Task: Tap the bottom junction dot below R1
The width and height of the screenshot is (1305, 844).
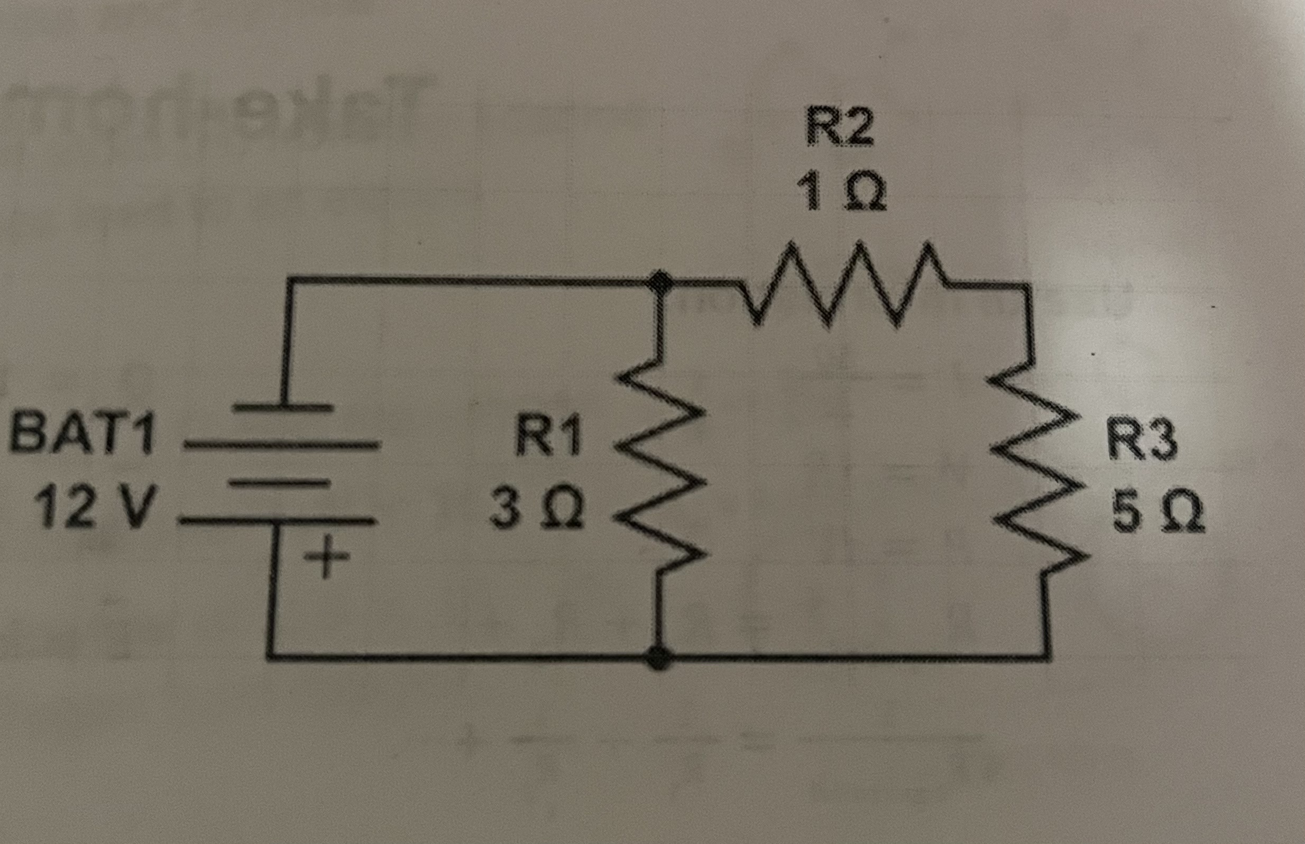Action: tap(658, 657)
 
